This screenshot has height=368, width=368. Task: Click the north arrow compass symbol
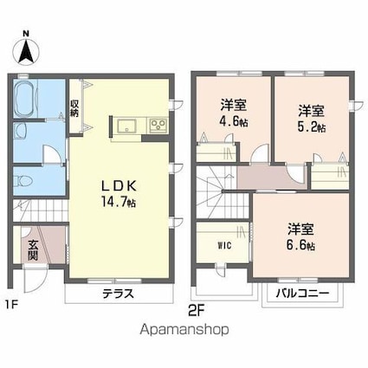[28, 49]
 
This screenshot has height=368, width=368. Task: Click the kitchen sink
[123, 126]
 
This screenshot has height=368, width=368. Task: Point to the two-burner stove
[158, 126]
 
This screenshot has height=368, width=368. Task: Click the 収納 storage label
[75, 109]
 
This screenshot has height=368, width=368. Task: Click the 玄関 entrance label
[32, 251]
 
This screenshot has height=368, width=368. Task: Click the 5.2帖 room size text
[313, 126]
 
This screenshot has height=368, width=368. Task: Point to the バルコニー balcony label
[303, 293]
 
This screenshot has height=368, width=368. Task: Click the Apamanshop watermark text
[184, 330]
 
